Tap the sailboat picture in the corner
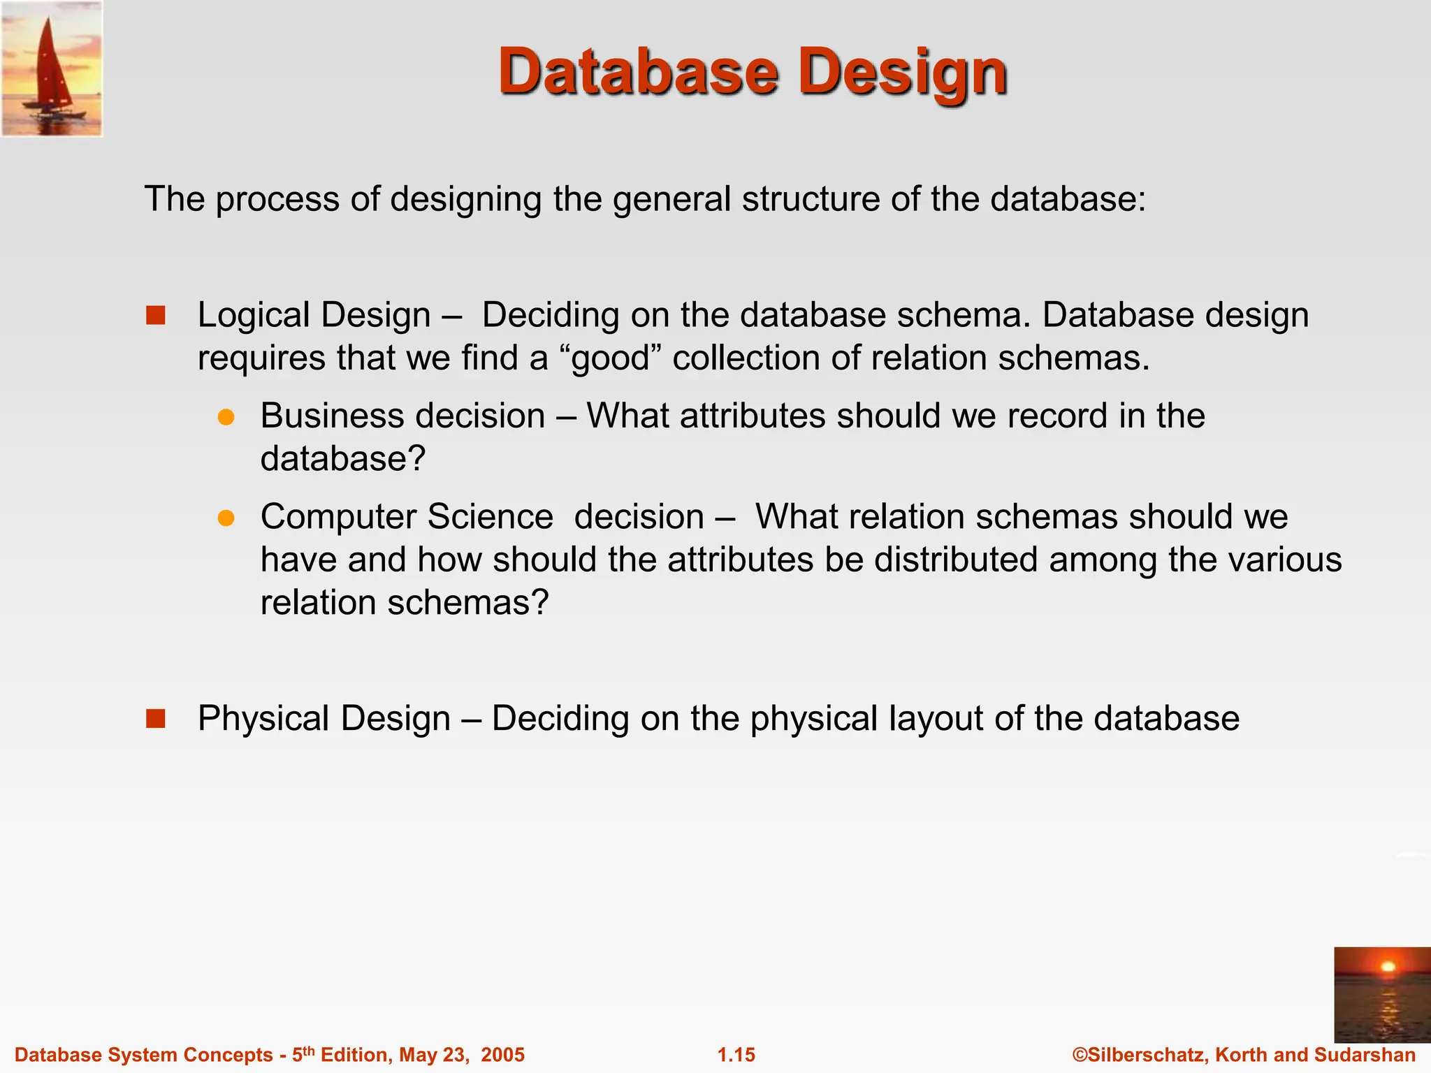click(52, 68)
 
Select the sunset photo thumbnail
click(1382, 994)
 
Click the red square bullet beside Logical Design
click(156, 316)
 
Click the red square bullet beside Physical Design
click(156, 719)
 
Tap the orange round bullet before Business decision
click(226, 417)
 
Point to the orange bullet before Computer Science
click(226, 518)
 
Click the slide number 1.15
click(736, 1055)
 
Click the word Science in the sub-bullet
click(490, 518)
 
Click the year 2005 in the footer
click(502, 1055)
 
